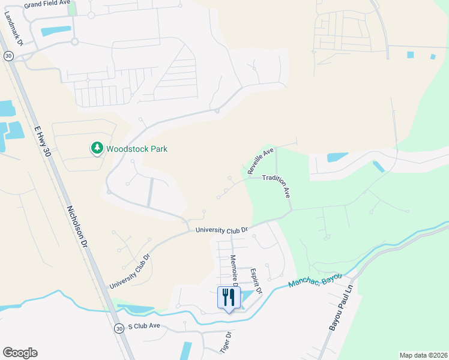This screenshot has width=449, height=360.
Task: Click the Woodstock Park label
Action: click(137, 149)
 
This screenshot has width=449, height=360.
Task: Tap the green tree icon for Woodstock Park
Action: click(96, 148)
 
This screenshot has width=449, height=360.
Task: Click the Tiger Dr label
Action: click(224, 342)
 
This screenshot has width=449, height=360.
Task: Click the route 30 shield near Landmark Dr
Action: click(8, 55)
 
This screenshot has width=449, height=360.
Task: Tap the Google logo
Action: click(20, 353)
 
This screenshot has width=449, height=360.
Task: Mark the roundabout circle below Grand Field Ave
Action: click(74, 41)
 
